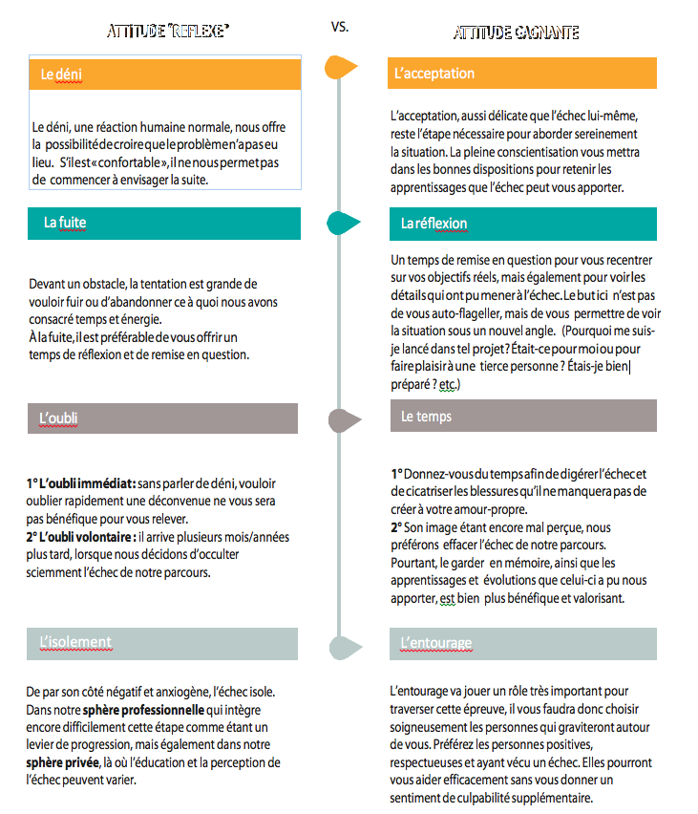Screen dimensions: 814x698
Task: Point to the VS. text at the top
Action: tap(340, 27)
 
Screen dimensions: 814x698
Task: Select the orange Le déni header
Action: tap(165, 74)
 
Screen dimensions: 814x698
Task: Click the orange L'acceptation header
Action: tap(522, 74)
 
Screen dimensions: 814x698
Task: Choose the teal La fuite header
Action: tap(165, 223)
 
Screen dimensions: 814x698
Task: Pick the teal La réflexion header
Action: tap(522, 223)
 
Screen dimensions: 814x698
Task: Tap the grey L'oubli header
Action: tap(163, 418)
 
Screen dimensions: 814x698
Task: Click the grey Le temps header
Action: tap(522, 418)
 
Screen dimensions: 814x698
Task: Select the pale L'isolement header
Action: tap(163, 643)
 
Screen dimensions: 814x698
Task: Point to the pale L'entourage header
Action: tap(522, 643)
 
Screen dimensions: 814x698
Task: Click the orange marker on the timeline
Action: tap(341, 67)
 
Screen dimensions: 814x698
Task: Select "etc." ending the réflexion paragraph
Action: tap(449, 383)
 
